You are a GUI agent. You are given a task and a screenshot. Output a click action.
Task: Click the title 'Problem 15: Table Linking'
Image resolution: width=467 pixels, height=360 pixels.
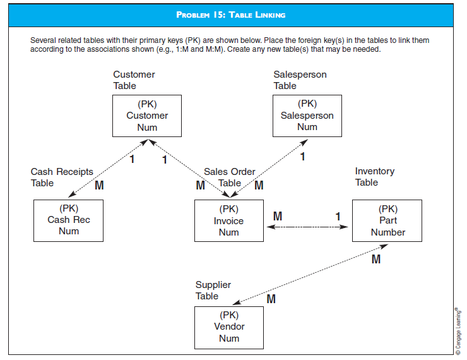(x=231, y=15)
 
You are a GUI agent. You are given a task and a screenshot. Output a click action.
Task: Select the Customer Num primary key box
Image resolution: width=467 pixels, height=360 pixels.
(x=147, y=116)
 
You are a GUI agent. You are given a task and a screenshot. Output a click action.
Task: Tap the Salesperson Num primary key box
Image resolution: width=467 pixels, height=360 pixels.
(x=307, y=116)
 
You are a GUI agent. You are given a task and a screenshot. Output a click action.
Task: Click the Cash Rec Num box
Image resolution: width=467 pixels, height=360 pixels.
(x=68, y=220)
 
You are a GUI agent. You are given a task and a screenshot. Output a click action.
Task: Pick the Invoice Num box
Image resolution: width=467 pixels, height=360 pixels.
(x=228, y=220)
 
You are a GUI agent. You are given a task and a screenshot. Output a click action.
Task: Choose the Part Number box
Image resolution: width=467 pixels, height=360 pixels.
(x=387, y=220)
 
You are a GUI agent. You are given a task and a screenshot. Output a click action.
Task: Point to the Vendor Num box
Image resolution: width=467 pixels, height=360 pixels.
(x=229, y=327)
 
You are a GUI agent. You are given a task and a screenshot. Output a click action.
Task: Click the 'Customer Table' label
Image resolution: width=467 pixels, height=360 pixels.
(x=134, y=80)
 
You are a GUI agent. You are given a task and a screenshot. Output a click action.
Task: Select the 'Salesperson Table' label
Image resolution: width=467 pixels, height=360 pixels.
(x=300, y=80)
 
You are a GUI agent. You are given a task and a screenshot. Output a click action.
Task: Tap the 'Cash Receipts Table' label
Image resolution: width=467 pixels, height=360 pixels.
(x=61, y=177)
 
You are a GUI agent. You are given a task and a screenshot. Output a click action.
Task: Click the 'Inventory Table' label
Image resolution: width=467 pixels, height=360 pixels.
(x=374, y=177)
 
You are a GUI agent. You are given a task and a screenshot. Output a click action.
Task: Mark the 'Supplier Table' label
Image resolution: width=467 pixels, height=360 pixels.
(x=213, y=291)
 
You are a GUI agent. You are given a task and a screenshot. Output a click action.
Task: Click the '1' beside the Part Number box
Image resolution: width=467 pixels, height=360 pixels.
(x=338, y=217)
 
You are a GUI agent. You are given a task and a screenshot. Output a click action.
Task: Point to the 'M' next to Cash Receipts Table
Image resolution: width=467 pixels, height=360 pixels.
(x=99, y=186)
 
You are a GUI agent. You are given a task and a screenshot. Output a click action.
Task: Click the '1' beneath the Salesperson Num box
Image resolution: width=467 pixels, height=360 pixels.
(x=302, y=157)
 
